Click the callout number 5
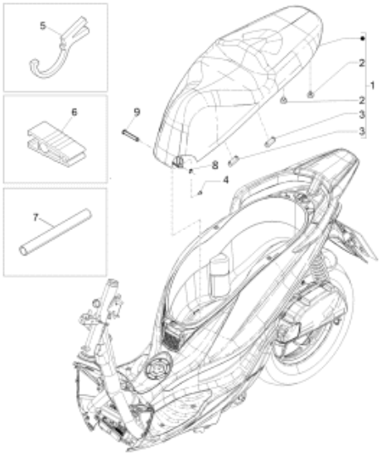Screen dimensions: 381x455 43,26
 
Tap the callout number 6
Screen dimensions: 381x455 75,113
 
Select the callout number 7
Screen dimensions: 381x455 36,217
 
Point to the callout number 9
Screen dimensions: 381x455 137,112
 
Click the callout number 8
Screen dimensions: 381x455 215,165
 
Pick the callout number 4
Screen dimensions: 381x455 225,180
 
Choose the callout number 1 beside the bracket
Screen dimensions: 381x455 372,85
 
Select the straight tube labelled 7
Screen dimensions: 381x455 55,232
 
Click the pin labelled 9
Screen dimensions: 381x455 130,136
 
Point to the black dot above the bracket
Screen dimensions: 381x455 363,38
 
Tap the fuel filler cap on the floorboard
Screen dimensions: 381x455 158,369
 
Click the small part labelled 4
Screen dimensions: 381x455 200,193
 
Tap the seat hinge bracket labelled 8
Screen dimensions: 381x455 179,161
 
